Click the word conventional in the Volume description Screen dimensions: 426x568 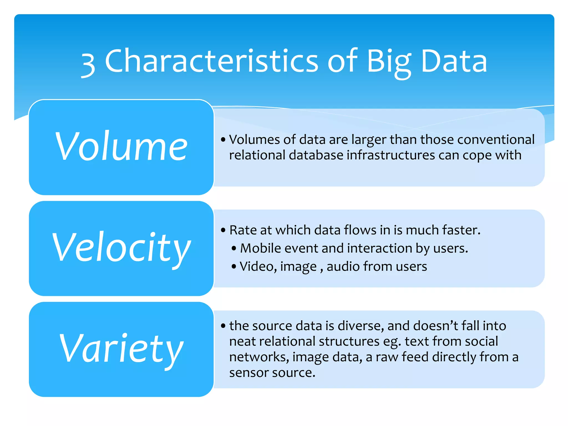pos(496,139)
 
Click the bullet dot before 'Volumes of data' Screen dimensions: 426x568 pos(223,140)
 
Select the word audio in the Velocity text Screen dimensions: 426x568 pos(343,266)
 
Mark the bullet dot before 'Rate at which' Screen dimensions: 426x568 pos(223,230)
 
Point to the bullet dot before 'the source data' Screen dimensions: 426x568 pos(223,326)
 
